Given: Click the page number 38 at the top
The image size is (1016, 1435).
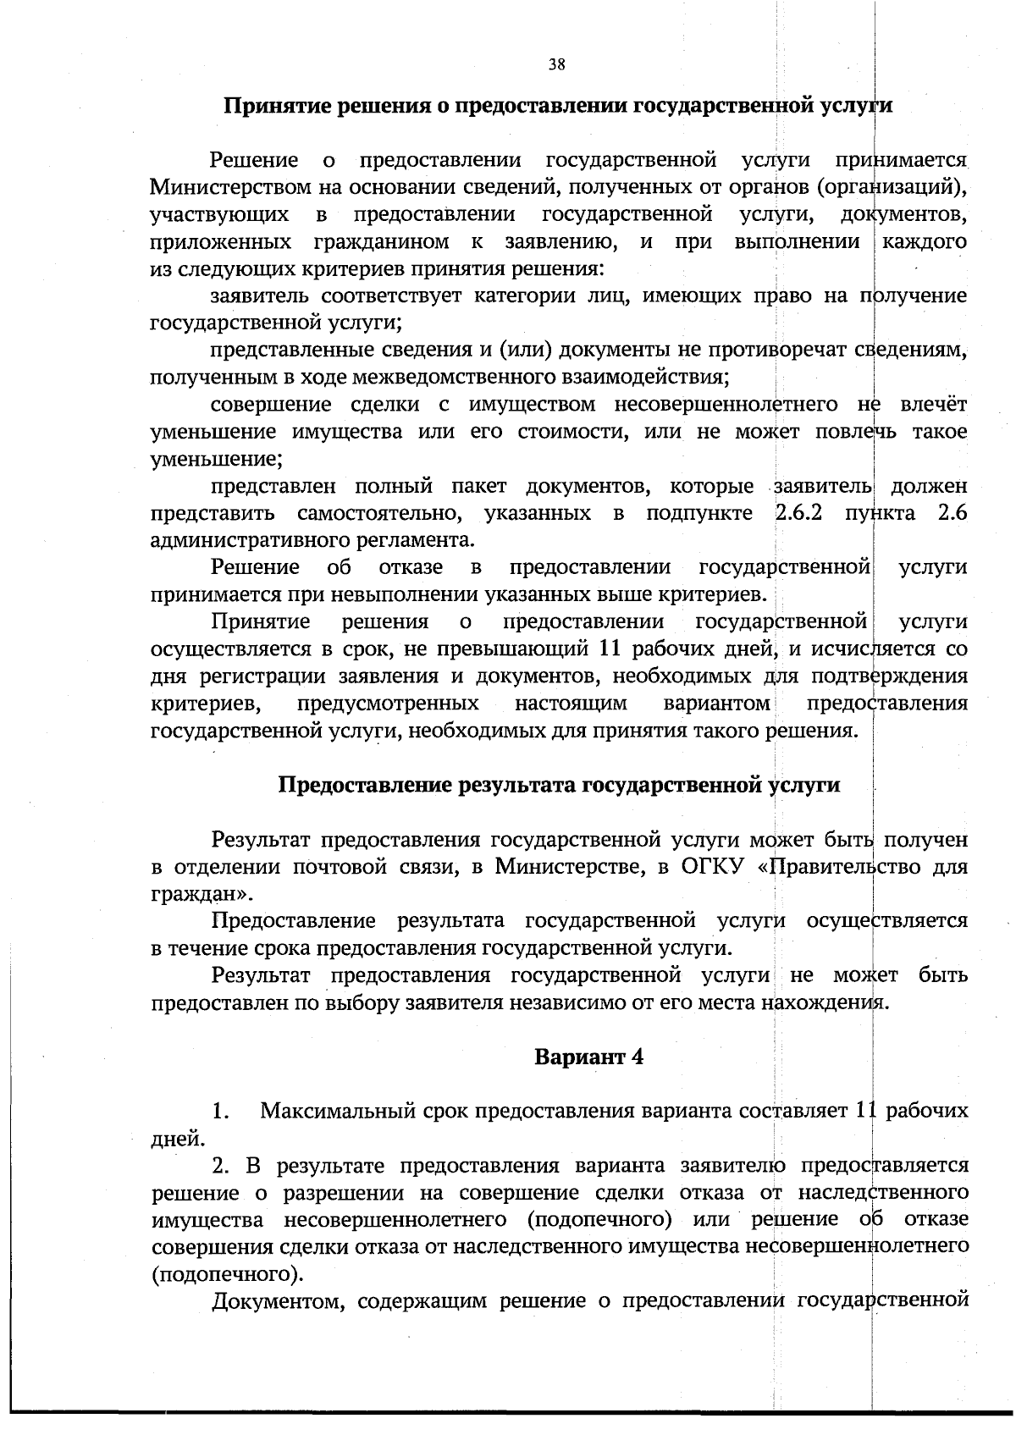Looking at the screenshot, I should point(556,64).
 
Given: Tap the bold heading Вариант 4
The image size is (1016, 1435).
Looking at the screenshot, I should point(588,1057).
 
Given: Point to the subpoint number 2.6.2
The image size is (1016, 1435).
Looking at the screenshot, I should point(800,513).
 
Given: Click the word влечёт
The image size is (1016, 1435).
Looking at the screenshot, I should point(933,404).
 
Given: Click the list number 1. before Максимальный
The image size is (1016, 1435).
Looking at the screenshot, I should point(221,1110).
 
